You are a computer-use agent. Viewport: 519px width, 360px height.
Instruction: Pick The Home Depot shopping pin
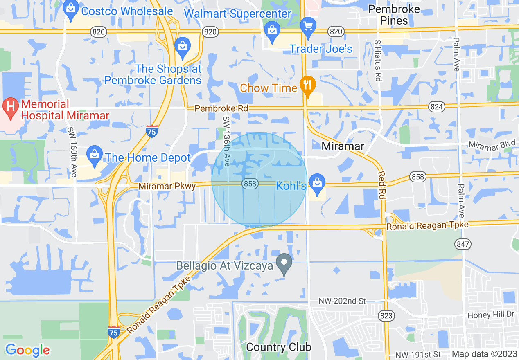pyautogui.click(x=95, y=156)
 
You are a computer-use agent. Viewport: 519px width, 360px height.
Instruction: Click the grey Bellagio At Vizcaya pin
pyautogui.click(x=283, y=263)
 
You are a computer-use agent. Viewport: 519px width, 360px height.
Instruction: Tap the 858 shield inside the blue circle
pyautogui.click(x=250, y=184)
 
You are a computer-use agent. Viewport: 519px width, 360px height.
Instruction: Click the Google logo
pyautogui.click(x=27, y=350)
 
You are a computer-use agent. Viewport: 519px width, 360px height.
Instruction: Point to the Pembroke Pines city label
pyautogui.click(x=394, y=15)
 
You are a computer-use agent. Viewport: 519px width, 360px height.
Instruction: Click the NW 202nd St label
pyautogui.click(x=343, y=301)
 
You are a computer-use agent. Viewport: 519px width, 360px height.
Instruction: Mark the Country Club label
pyautogui.click(x=278, y=347)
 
